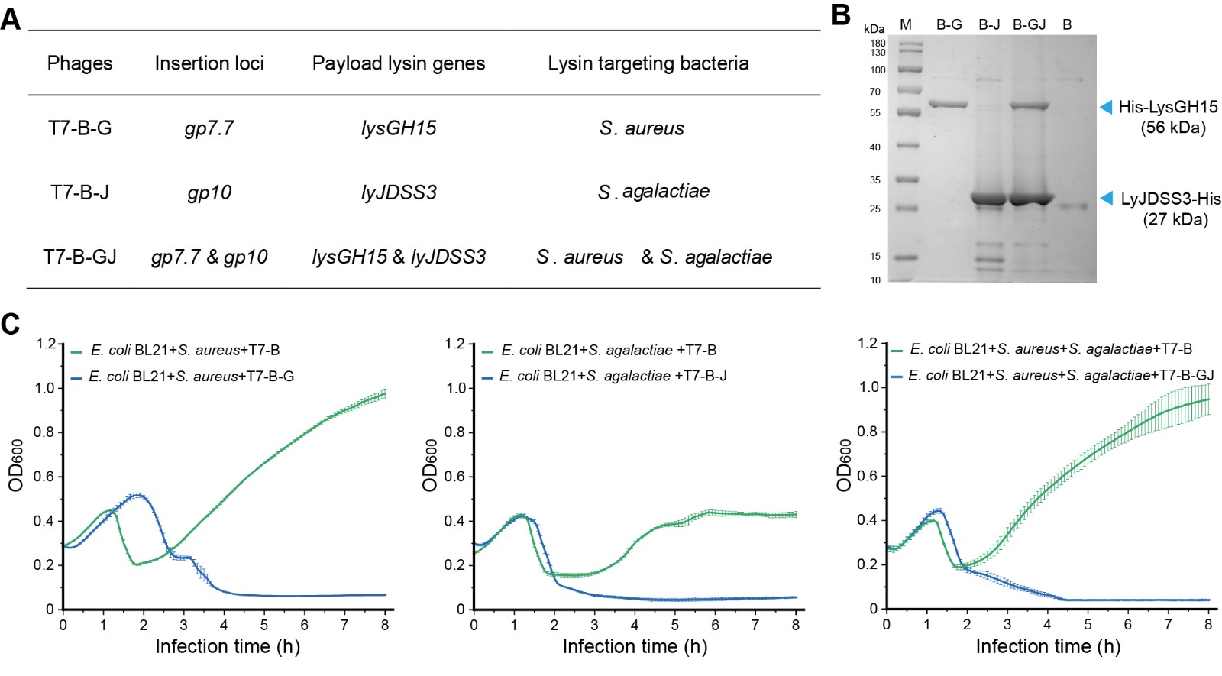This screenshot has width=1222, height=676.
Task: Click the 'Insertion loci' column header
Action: coord(209,63)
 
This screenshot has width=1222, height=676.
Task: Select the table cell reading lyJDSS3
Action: coord(399,192)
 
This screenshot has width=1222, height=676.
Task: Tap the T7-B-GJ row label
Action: coord(79,257)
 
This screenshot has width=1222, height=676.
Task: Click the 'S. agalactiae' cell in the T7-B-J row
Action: coord(653,191)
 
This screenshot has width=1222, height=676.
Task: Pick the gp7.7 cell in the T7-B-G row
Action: coord(209,128)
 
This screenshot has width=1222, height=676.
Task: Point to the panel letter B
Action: coord(840,15)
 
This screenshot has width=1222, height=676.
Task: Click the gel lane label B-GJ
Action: coord(1029,25)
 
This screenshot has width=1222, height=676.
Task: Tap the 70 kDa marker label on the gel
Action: coord(874,92)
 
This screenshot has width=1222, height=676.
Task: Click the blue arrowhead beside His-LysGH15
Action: coord(1105,107)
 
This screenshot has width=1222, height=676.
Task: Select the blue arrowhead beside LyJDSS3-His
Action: coord(1105,199)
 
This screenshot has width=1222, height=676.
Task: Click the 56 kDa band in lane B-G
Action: coord(949,105)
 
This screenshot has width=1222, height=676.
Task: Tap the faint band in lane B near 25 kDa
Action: coord(1073,206)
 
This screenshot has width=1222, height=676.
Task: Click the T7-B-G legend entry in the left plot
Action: coord(191,377)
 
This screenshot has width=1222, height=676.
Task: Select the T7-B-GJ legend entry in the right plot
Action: coord(1061,375)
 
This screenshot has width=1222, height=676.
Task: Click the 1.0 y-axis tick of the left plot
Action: coord(45,388)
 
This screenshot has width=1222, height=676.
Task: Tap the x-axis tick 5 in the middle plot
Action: coord(675,625)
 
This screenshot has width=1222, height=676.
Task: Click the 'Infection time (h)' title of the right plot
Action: coord(1048,646)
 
